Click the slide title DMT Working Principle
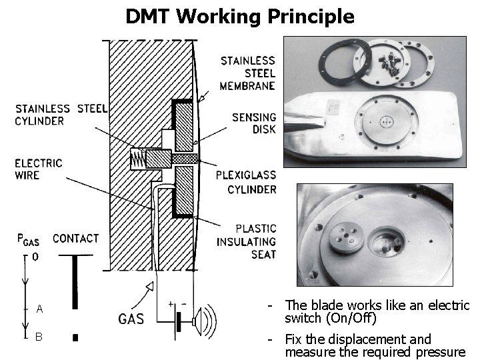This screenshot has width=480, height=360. pyautogui.click(x=240, y=16)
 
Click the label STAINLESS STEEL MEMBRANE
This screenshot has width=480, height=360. pyautogui.click(x=247, y=73)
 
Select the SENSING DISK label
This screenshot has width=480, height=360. pyautogui.click(x=254, y=123)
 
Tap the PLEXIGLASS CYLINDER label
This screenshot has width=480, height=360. pyautogui.click(x=245, y=182)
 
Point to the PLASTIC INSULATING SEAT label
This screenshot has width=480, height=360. pyautogui.click(x=246, y=241)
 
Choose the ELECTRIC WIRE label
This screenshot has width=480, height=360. pyautogui.click(x=38, y=169)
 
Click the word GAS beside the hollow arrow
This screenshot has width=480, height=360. pyautogui.click(x=131, y=319)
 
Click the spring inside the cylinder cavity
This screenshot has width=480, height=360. pyautogui.click(x=138, y=159)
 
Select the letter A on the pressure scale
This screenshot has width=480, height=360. pyautogui.click(x=40, y=309)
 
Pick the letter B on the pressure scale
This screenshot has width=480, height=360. pyautogui.click(x=39, y=337)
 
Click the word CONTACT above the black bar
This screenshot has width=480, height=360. pyautogui.click(x=75, y=238)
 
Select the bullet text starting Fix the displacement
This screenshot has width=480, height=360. pyautogui.click(x=373, y=345)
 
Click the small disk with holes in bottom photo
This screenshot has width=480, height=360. pyautogui.click(x=344, y=237)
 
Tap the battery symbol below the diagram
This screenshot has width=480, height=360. pyautogui.click(x=177, y=323)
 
